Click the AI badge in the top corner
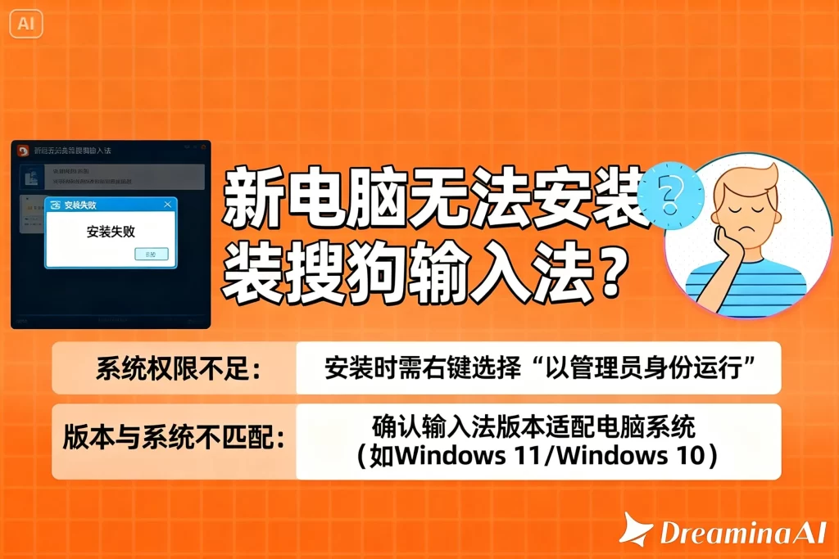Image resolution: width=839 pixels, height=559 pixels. click(x=25, y=23)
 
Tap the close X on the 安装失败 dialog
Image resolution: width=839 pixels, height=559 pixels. click(x=168, y=205)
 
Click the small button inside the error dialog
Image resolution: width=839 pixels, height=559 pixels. click(x=151, y=255)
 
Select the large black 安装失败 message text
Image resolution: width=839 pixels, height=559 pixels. click(x=111, y=232)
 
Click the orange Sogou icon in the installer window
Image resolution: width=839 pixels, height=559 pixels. click(x=24, y=151)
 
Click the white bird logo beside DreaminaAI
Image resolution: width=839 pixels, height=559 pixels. click(x=636, y=530)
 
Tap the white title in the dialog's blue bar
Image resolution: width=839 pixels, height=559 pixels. click(x=86, y=205)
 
